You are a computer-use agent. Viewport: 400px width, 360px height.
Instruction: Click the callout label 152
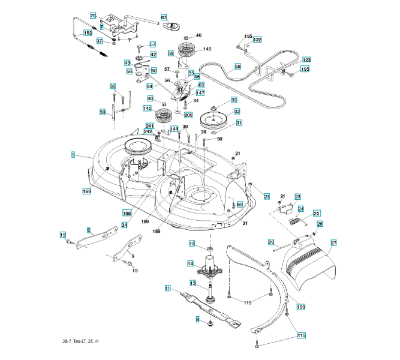pyautogui.click(x=88, y=33)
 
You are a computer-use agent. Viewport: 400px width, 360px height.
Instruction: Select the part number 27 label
pyautogui.click(x=333, y=242)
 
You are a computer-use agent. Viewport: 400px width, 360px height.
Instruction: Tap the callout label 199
pyautogui.click(x=301, y=307)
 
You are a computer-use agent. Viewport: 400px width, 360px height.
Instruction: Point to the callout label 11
pyautogui.click(x=167, y=288)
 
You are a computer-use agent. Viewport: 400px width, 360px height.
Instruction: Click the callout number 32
pyautogui.click(x=237, y=112)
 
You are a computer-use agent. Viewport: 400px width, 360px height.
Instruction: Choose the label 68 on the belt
pyautogui.click(x=237, y=67)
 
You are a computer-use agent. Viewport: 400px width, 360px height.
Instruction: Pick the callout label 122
pyautogui.click(x=257, y=40)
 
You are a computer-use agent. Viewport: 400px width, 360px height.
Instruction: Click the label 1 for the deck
pyautogui.click(x=73, y=155)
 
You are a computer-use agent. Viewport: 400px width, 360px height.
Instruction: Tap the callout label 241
pyautogui.click(x=150, y=126)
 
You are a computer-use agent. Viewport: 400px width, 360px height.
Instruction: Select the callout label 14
pyautogui.click(x=191, y=263)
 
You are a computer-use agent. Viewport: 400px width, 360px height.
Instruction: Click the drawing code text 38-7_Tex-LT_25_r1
pyautogui.click(x=80, y=341)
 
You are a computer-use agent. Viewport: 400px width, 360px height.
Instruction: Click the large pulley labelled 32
pyautogui.click(x=213, y=120)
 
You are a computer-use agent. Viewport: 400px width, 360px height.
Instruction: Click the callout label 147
pyautogui.click(x=200, y=93)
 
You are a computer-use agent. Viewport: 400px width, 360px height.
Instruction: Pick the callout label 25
pyautogui.click(x=316, y=213)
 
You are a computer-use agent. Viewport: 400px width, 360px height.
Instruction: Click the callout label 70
pyautogui.click(x=93, y=16)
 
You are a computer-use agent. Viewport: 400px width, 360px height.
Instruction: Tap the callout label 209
pyautogui.click(x=188, y=115)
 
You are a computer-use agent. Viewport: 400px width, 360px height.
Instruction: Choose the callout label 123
pyautogui.click(x=306, y=60)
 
